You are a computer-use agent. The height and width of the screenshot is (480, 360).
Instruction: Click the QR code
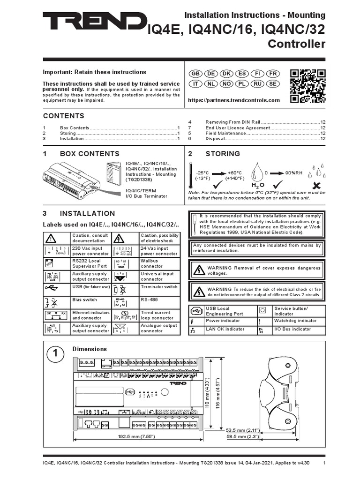(x=307, y=85)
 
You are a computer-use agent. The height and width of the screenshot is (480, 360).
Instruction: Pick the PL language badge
(x=241, y=84)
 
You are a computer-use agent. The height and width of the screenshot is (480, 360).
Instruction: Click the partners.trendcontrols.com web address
(x=233, y=100)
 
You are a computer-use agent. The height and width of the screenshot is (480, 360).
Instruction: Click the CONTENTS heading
(x=64, y=116)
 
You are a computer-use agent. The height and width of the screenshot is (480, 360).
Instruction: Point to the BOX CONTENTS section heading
(x=89, y=154)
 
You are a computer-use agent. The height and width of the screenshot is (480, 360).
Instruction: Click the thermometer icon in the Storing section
(x=191, y=176)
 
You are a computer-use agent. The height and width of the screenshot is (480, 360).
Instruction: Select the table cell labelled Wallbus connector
(x=159, y=263)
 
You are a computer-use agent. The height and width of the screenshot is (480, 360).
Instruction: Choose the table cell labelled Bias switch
(x=84, y=299)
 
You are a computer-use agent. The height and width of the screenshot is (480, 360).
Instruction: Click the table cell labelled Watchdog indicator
(x=295, y=321)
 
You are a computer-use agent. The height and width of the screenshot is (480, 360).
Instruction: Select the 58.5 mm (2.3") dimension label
(x=241, y=436)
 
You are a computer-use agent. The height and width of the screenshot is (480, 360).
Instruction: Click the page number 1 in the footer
(x=324, y=464)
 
